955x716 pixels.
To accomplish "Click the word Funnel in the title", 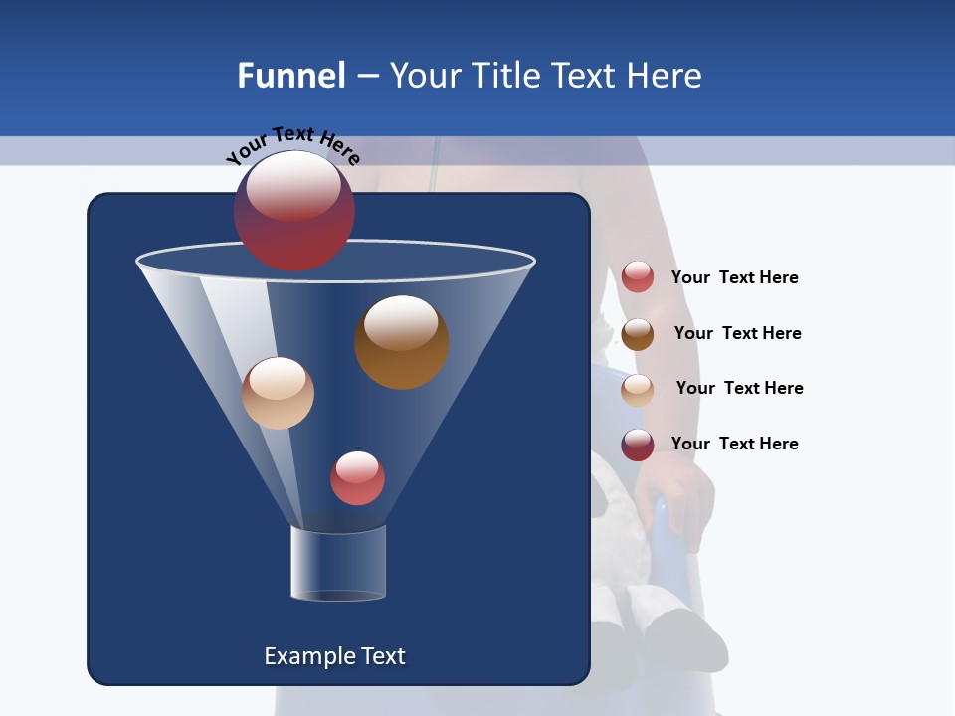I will (291, 76).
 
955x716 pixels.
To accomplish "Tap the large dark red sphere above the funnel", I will (293, 210).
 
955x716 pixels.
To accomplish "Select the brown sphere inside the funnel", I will (401, 341).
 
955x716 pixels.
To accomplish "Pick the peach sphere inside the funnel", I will (278, 393).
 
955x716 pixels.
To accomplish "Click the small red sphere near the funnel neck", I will (357, 478).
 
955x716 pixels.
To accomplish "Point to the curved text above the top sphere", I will (292, 145).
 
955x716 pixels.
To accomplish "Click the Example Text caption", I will (334, 656).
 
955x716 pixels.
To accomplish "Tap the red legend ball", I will (638, 277).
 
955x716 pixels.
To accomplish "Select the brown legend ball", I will (638, 334).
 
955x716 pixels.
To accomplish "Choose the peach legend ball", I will (638, 389).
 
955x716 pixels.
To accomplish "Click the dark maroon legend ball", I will (638, 445).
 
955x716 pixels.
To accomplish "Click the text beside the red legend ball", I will (734, 277).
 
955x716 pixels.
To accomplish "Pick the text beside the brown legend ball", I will (737, 333).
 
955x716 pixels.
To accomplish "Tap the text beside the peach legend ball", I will (739, 388).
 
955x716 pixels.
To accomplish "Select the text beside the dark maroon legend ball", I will (734, 444).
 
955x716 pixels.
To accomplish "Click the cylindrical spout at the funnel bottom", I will (338, 563).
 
